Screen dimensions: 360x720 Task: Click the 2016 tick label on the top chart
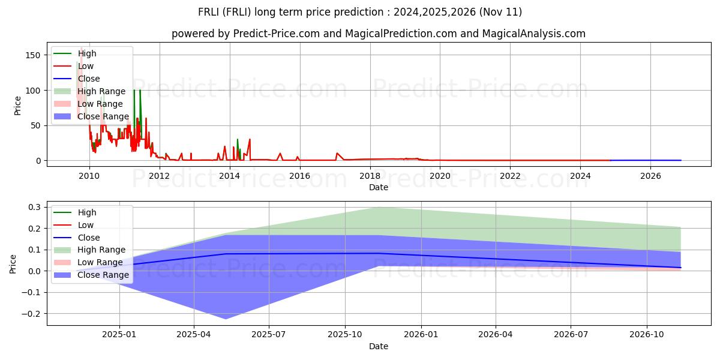[299, 176]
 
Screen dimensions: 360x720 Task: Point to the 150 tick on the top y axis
[32, 55]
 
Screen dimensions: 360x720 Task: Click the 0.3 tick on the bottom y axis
[34, 207]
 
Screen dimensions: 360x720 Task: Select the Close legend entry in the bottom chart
[89, 238]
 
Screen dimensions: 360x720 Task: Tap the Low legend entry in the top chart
[86, 66]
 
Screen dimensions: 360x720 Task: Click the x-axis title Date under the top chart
[379, 187]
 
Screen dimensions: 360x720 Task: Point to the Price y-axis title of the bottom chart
[13, 263]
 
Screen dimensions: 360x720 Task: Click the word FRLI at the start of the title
[211, 12]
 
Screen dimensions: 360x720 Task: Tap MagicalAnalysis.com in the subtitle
[536, 34]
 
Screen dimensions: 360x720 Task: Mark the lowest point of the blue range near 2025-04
[226, 319]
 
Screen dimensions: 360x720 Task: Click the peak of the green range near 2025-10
[377, 207]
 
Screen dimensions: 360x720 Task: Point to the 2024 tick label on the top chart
[580, 176]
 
